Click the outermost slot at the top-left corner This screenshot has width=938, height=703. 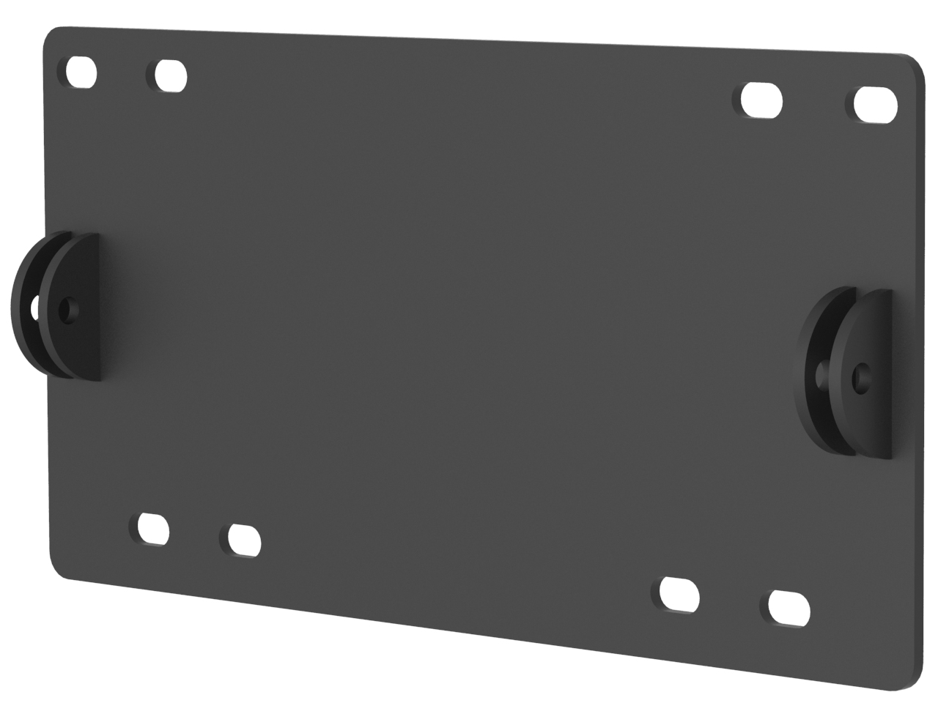81,72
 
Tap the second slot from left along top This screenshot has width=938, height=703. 171,75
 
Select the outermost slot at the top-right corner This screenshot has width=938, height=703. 876,104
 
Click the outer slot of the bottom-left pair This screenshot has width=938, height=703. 153,528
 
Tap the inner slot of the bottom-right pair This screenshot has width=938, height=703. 679,593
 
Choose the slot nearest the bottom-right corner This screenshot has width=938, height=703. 790,607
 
